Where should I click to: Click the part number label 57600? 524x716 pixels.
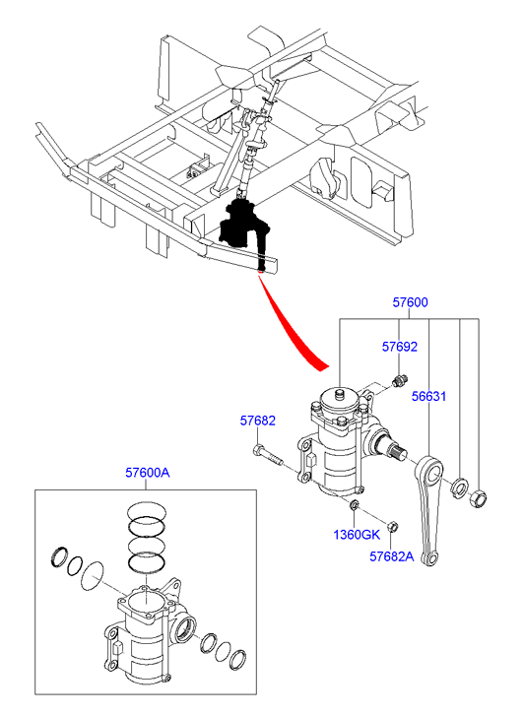(x=411, y=302)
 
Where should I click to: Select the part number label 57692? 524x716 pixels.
(x=400, y=347)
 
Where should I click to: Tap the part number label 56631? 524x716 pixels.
(x=428, y=396)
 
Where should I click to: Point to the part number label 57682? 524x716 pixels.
(x=258, y=421)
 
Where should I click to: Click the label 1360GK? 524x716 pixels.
(x=357, y=534)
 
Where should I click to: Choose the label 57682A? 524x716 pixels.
(x=391, y=556)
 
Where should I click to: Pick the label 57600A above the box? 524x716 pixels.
(x=148, y=473)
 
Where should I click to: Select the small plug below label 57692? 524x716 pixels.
(x=399, y=380)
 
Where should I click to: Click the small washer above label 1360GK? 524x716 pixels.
(x=354, y=505)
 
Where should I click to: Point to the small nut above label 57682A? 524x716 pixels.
(x=391, y=527)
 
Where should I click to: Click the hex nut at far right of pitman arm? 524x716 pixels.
(x=478, y=497)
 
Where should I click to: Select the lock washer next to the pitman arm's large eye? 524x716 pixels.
(x=458, y=488)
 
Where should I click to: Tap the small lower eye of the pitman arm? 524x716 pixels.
(x=430, y=558)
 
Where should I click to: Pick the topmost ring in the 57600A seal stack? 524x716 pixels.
(x=147, y=510)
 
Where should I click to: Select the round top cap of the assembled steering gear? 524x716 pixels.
(x=339, y=400)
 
